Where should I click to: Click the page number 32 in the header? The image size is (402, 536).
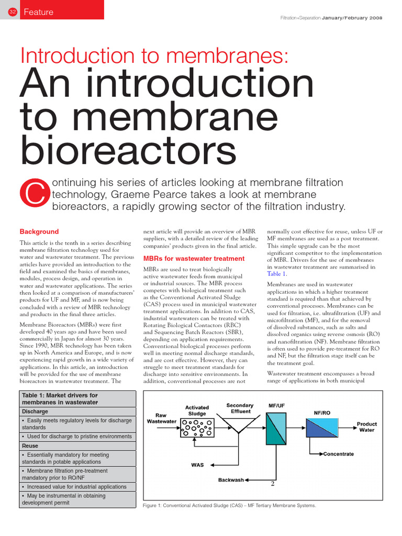(x=13, y=12)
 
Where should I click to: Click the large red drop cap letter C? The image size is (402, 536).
(x=33, y=194)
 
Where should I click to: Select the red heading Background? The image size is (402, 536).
(x=39, y=231)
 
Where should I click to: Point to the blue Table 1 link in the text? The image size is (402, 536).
(x=277, y=274)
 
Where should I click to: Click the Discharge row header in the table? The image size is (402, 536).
(x=35, y=411)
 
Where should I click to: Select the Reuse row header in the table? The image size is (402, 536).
(x=31, y=445)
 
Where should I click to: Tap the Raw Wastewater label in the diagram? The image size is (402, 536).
(x=162, y=417)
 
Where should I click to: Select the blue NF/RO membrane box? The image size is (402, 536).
(x=321, y=428)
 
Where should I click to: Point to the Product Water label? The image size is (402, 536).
(x=366, y=427)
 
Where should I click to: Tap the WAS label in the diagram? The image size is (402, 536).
(x=197, y=465)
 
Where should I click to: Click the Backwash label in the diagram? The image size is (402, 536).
(x=230, y=479)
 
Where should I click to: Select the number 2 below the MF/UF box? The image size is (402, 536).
(x=273, y=484)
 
